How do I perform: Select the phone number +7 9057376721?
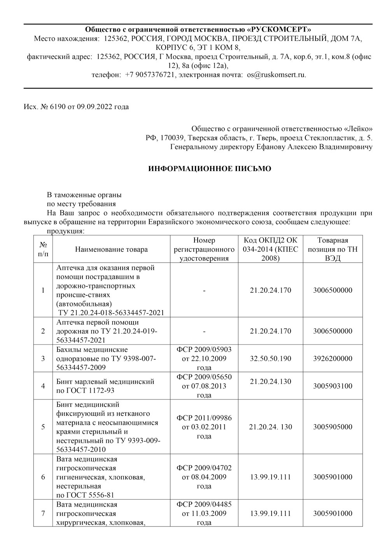pos(149,74)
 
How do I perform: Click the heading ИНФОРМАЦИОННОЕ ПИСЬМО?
pos(210,169)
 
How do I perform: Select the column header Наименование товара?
pos(112,249)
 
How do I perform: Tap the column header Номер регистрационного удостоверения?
pos(204,249)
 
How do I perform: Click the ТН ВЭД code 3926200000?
pos(333,359)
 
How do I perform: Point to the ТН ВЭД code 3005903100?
pos(333,386)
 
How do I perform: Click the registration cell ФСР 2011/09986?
pos(204,427)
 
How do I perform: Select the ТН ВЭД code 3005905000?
pos(333,427)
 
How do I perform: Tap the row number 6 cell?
pos(43,477)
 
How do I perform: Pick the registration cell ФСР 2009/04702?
pos(204,477)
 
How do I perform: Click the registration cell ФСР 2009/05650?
pos(204,386)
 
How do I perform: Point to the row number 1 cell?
pos(43,290)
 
